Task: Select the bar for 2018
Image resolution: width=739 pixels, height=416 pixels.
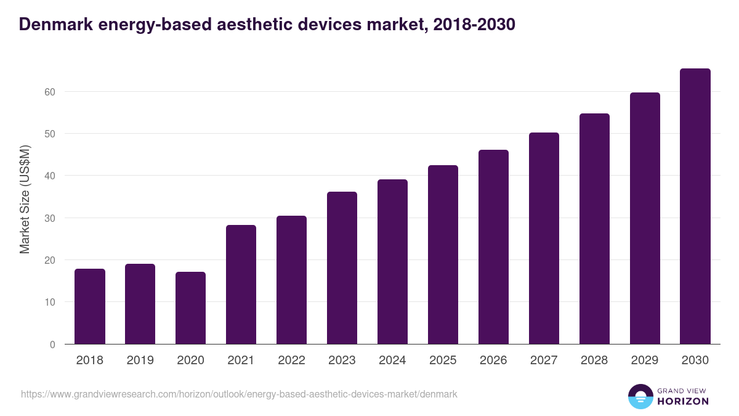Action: pyautogui.click(x=90, y=306)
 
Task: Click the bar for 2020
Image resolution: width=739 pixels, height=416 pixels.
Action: pyautogui.click(x=191, y=308)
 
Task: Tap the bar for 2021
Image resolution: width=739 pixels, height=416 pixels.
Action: pyautogui.click(x=241, y=285)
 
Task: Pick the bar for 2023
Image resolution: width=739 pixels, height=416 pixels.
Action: pyautogui.click(x=342, y=268)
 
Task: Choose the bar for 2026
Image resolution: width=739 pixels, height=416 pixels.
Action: pyautogui.click(x=493, y=247)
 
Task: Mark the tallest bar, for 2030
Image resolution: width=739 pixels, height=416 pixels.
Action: pyautogui.click(x=695, y=206)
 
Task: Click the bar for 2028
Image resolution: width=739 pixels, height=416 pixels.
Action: pyautogui.click(x=594, y=229)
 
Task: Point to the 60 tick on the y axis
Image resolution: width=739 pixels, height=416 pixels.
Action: pyautogui.click(x=49, y=92)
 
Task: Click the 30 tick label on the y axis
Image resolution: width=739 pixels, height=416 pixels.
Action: pyautogui.click(x=49, y=218)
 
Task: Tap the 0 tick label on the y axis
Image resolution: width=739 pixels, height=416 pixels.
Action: pyautogui.click(x=52, y=345)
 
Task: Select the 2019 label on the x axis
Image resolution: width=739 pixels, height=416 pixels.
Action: pyautogui.click(x=140, y=361)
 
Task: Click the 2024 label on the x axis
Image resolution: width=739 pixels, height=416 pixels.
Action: pyautogui.click(x=392, y=361)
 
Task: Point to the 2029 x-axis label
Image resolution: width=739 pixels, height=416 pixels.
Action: pyautogui.click(x=645, y=361)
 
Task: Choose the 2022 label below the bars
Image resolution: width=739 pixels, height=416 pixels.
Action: pyautogui.click(x=291, y=361)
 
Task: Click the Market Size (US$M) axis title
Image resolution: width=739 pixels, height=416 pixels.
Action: pyautogui.click(x=25, y=199)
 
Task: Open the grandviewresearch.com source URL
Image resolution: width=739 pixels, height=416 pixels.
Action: pyautogui.click(x=239, y=394)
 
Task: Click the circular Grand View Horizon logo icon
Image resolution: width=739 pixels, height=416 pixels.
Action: pyautogui.click(x=640, y=396)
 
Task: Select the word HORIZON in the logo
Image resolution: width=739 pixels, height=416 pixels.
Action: pyautogui.click(x=684, y=401)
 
